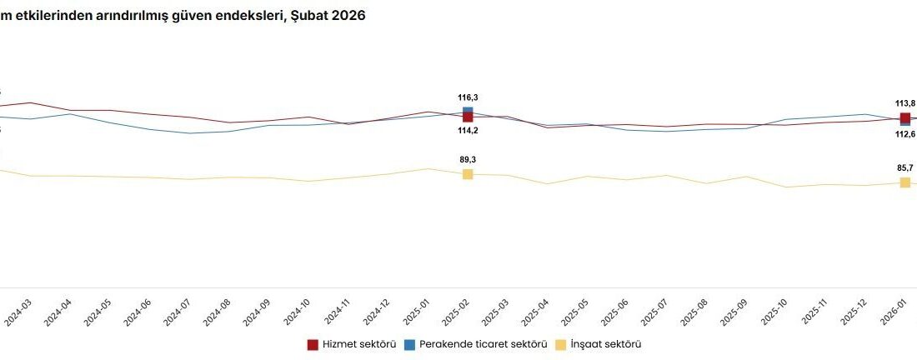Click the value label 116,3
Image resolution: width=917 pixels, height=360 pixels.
click(x=468, y=97)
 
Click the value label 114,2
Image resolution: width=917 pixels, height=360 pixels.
click(x=468, y=131)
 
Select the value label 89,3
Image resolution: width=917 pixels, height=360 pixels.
click(x=468, y=159)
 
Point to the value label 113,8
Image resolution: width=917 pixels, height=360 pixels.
click(x=905, y=103)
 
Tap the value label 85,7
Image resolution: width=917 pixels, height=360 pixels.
click(x=905, y=167)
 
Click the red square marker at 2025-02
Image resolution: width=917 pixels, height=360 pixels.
click(x=468, y=117)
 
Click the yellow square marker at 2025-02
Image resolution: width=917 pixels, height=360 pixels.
click(x=468, y=174)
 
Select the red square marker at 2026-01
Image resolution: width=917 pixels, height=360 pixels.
click(x=905, y=118)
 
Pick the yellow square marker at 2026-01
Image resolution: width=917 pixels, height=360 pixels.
click(x=905, y=182)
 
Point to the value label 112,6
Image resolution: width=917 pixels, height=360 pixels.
click(x=905, y=134)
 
